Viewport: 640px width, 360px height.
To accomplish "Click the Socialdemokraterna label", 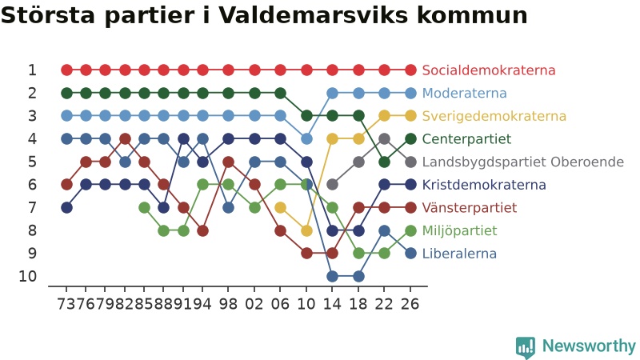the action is pyautogui.click(x=489, y=70).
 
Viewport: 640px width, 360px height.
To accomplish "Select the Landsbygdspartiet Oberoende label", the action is pyautogui.click(x=523, y=162).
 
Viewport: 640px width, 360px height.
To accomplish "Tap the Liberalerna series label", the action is pyautogui.click(x=459, y=254).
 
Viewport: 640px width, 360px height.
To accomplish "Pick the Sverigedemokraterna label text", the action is pyautogui.click(x=494, y=116).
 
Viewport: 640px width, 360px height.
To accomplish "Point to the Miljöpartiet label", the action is pyautogui.click(x=459, y=230).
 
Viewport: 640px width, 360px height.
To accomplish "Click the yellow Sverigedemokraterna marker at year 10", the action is pyautogui.click(x=306, y=231).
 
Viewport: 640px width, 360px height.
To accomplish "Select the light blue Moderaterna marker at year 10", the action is pyautogui.click(x=306, y=139).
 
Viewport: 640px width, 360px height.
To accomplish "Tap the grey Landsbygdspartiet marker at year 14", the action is pyautogui.click(x=333, y=185).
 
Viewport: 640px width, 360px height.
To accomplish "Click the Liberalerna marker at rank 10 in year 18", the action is pyautogui.click(x=358, y=277).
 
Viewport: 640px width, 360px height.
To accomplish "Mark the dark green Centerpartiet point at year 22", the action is pyautogui.click(x=384, y=162).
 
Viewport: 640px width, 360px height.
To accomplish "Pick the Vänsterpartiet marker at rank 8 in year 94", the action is pyautogui.click(x=203, y=231).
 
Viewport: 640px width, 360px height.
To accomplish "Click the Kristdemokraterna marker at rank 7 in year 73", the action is pyautogui.click(x=67, y=208).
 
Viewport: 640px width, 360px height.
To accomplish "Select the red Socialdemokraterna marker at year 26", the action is pyautogui.click(x=410, y=70).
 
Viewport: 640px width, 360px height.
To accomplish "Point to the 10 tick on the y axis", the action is pyautogui.click(x=28, y=277).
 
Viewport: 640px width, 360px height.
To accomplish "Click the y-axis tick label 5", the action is pyautogui.click(x=32, y=162).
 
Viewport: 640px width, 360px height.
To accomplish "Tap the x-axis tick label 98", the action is pyautogui.click(x=228, y=304).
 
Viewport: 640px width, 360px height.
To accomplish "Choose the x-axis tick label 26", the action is pyautogui.click(x=410, y=304).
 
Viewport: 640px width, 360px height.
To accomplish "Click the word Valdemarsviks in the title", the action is pyautogui.click(x=313, y=15).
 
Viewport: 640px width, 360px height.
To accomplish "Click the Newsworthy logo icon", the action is pyautogui.click(x=526, y=347).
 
